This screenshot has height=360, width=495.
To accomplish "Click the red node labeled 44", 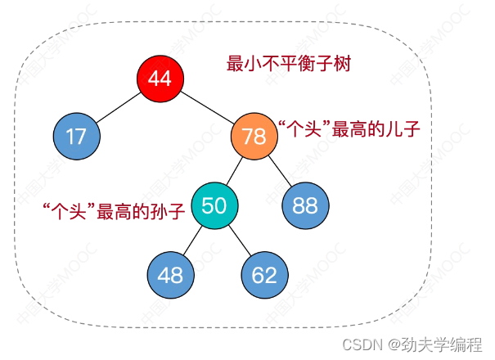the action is [x=160, y=78].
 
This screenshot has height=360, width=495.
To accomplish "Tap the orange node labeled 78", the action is [x=254, y=136].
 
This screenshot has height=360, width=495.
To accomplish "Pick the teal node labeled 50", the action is [x=215, y=205].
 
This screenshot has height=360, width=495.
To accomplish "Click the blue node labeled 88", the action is [x=305, y=205].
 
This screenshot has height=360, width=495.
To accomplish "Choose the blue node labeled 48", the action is [x=170, y=275].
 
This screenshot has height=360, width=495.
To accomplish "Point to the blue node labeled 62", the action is [x=264, y=275].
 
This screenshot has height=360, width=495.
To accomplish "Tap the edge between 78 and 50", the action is [x=235, y=170].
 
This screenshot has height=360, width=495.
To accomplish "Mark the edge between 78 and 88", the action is [x=279, y=170].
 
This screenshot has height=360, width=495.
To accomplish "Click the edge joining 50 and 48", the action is [x=193, y=240].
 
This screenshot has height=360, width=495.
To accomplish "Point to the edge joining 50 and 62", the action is [x=240, y=240].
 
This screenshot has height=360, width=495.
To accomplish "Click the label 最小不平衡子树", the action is [x=289, y=63].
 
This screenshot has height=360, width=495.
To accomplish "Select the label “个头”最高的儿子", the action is [x=349, y=129].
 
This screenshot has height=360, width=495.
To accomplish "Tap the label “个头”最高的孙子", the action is [x=114, y=210].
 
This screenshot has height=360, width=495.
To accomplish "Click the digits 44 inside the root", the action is [x=160, y=78].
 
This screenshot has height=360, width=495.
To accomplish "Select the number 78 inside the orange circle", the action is [x=254, y=136].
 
